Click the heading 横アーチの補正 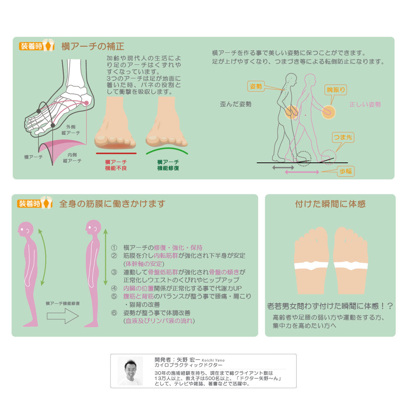(93, 46)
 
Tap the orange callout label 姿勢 (256, 86)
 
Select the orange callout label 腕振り (335, 90)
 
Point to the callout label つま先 (343, 138)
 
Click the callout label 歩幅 (346, 171)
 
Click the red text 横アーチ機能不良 (116, 165)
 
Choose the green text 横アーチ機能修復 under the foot (168, 165)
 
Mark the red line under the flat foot (116, 153)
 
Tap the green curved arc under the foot (167, 150)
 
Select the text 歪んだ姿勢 (236, 104)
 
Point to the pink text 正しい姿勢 (365, 104)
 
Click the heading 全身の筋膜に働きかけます (112, 204)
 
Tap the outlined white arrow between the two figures (63, 316)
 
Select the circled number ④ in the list (114, 288)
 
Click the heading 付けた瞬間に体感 (330, 204)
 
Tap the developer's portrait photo (130, 371)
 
